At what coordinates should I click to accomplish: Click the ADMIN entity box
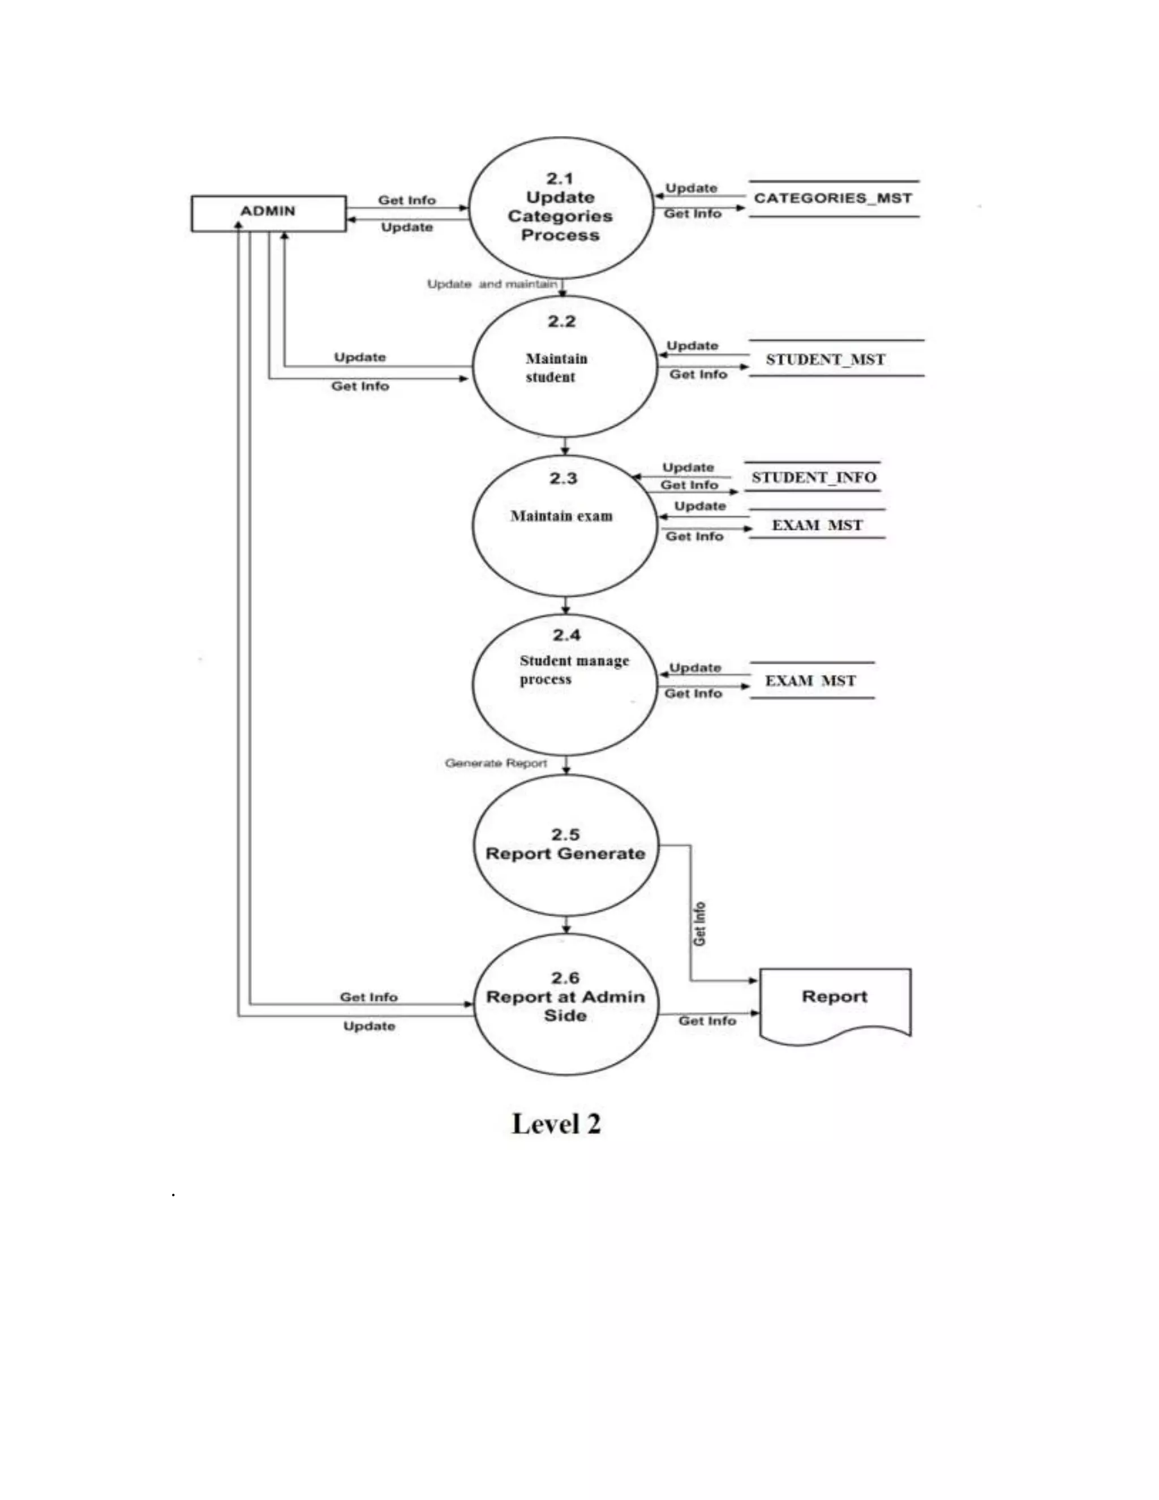(268, 213)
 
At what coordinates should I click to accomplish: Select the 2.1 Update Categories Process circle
(560, 207)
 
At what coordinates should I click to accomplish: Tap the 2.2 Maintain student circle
(563, 367)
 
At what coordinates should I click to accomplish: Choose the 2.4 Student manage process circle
(564, 685)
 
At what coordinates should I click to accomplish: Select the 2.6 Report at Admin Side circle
(566, 1004)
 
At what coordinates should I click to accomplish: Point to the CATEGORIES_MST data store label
(833, 199)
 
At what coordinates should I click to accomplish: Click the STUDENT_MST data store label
(825, 359)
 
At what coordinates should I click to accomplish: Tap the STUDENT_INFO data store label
(814, 477)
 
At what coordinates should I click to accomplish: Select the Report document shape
(834, 1003)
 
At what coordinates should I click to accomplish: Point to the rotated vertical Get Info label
(699, 924)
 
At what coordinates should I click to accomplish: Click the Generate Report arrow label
(496, 763)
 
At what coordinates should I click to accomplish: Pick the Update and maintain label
(492, 284)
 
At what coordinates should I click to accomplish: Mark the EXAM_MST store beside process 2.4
(810, 680)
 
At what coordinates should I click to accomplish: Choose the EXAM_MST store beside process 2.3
(817, 525)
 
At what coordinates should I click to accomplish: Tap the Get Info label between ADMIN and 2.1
(406, 200)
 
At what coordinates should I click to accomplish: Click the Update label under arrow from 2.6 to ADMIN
(369, 1026)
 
